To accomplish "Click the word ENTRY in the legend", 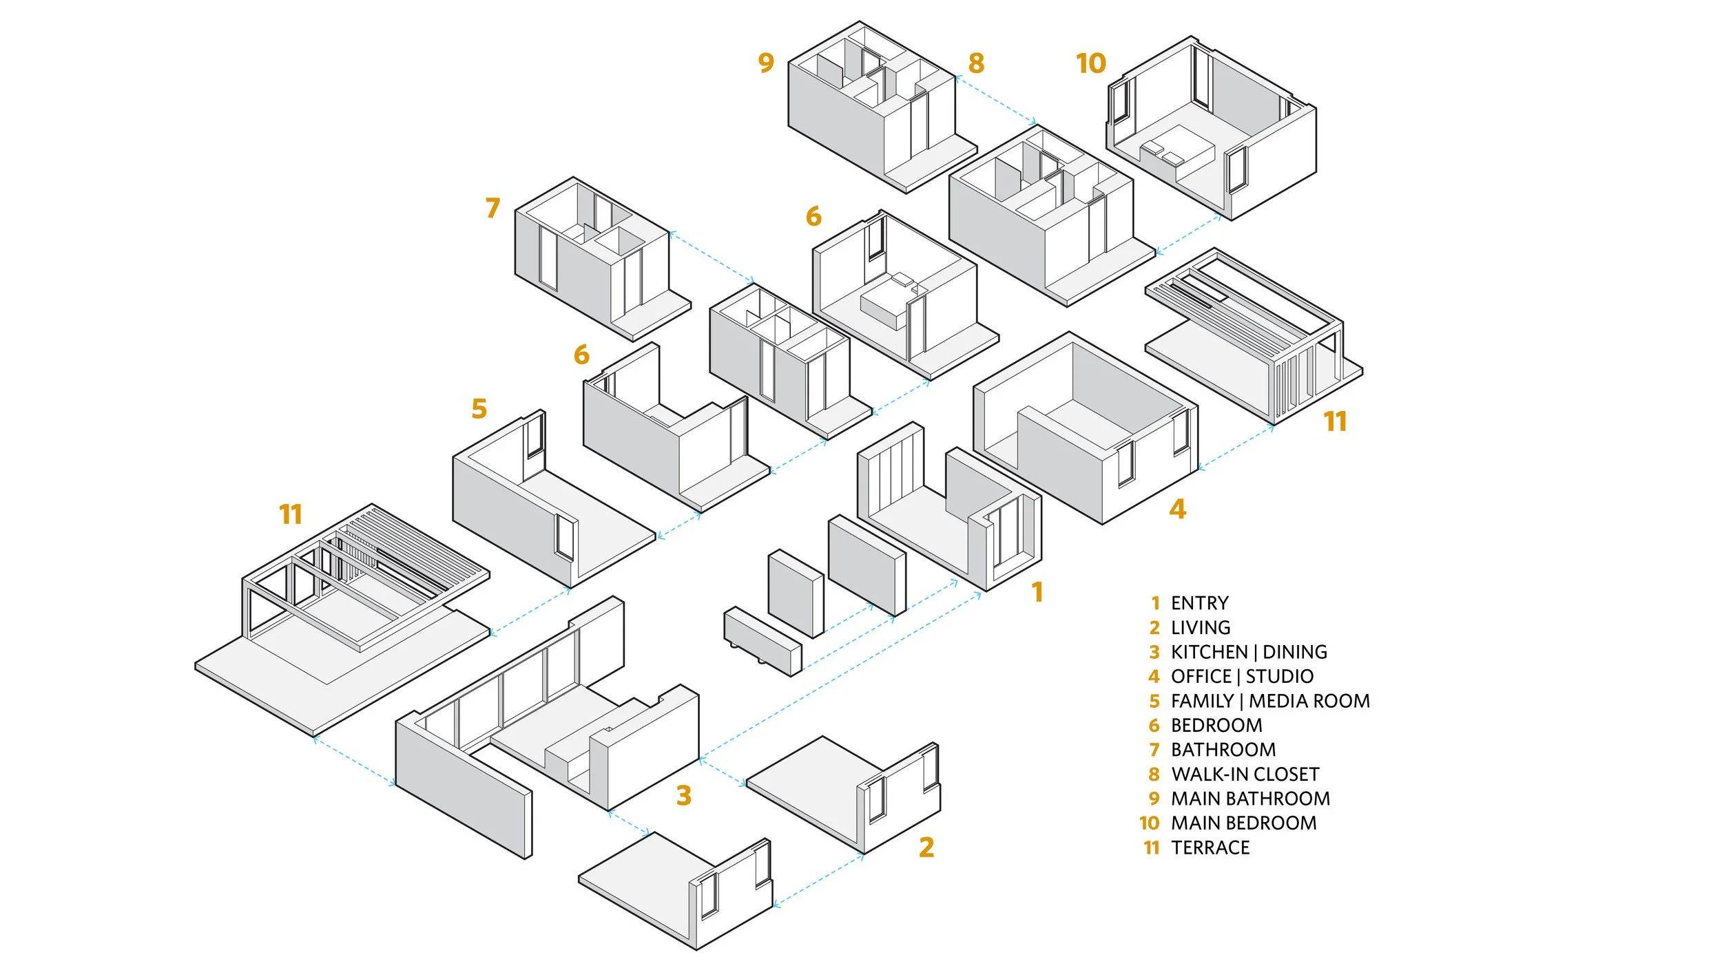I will coord(1199,603).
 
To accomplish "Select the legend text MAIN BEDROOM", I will coord(1243,823).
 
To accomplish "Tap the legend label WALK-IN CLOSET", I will coord(1245,774).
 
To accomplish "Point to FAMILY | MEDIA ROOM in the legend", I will coord(1270,701).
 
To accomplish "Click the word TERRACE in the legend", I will coord(1210,848).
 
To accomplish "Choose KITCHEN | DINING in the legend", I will coord(1249,652).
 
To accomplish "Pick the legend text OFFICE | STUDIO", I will coord(1242,676).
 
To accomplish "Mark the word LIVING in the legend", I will coord(1201,628).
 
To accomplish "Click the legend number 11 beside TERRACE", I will coord(1152,848).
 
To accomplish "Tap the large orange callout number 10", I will coord(1091,63).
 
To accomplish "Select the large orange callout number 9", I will coord(766,63).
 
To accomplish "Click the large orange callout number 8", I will coord(976,63).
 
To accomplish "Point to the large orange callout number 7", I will coord(492,208).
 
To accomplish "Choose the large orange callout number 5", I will coord(479,409).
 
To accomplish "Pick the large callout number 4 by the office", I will coord(1177,509).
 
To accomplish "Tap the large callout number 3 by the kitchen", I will coord(683,795).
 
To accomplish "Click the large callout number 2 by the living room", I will coord(926,847).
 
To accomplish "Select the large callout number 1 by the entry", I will coord(1037,592).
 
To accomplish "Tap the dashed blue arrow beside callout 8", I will coord(996,101).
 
